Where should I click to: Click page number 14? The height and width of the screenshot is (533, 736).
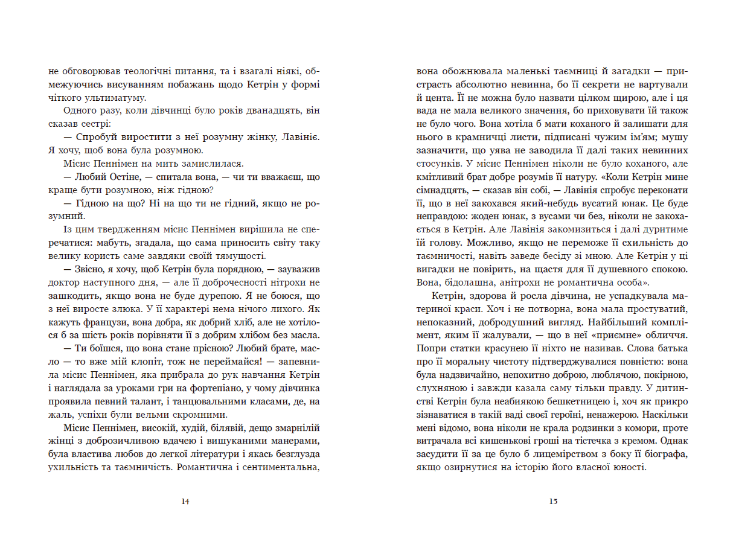pyautogui.click(x=185, y=501)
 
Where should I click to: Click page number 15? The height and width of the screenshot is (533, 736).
pyautogui.click(x=553, y=501)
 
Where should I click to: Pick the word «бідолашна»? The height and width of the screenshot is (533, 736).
pyautogui.click(x=456, y=282)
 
